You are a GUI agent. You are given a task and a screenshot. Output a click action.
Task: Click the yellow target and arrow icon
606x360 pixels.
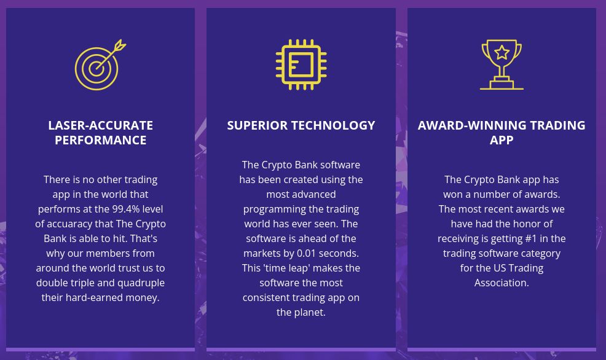click(96, 68)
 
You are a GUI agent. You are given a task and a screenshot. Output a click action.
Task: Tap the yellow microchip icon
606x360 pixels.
click(301, 65)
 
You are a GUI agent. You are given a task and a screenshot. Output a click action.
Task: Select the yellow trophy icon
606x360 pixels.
click(502, 65)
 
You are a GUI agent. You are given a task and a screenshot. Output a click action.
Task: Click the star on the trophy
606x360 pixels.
click(502, 52)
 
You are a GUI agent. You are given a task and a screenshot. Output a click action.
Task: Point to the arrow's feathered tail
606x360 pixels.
click(120, 45)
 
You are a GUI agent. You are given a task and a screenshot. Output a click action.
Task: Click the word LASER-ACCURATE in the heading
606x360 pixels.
click(100, 125)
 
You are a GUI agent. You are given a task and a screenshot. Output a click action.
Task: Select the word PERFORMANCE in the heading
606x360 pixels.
click(100, 140)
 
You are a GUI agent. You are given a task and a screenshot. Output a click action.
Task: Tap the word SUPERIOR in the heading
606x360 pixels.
click(257, 125)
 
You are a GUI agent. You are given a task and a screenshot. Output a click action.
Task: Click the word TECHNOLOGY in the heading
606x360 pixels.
click(333, 125)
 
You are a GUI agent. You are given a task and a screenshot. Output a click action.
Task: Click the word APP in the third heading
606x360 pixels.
click(502, 140)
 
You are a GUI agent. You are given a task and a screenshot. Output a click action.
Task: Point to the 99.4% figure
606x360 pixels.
click(126, 209)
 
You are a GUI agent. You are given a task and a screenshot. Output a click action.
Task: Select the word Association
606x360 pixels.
click(502, 283)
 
